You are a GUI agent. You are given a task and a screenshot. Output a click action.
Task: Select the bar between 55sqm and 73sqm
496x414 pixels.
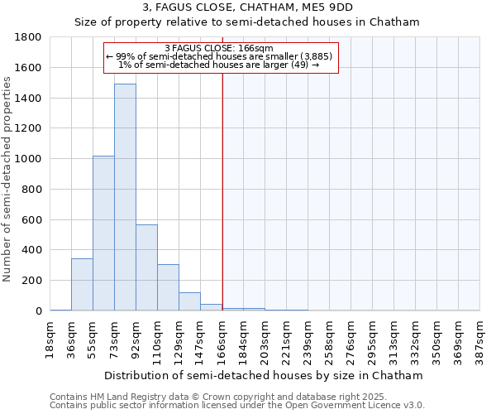(x=103, y=233)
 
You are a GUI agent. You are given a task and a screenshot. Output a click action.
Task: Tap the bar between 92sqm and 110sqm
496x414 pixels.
(x=146, y=267)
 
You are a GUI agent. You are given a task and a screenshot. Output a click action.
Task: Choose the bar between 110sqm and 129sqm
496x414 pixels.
(x=168, y=287)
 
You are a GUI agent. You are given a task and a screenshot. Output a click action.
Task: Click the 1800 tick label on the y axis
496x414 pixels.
(x=30, y=37)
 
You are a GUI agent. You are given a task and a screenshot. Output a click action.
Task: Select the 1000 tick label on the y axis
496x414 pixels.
(x=30, y=159)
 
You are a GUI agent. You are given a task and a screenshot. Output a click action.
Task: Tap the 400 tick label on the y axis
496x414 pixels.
(x=33, y=250)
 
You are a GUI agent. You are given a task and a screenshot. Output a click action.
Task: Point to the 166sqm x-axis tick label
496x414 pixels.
(x=222, y=339)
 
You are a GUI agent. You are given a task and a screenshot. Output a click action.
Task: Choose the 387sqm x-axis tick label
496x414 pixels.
(x=480, y=339)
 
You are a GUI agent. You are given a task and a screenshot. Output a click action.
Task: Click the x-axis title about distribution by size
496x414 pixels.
(x=265, y=375)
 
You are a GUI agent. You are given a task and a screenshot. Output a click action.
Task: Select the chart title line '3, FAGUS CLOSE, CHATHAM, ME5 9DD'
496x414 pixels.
(x=248, y=7)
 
